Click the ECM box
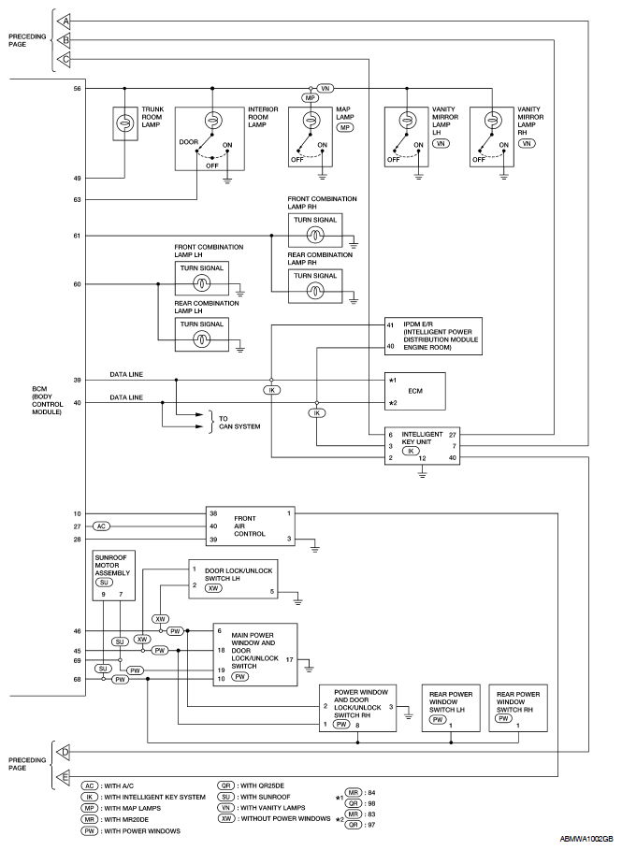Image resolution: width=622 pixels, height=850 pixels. click(415, 391)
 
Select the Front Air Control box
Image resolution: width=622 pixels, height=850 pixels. click(250, 526)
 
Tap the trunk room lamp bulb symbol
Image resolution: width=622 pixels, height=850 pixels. click(124, 123)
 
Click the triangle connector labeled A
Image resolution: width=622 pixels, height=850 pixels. click(64, 22)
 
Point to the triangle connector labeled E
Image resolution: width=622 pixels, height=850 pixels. click(64, 777)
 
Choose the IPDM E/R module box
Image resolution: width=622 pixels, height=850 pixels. click(433, 336)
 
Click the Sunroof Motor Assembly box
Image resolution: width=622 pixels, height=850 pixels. click(113, 575)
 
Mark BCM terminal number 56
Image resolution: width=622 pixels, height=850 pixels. click(77, 88)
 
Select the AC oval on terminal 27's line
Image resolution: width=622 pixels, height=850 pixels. click(102, 526)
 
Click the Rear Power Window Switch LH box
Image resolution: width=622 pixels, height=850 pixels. click(451, 708)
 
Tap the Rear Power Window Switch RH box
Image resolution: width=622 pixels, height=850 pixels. click(518, 708)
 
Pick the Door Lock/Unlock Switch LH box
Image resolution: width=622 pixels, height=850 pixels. click(233, 579)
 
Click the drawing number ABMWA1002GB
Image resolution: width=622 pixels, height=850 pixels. click(587, 839)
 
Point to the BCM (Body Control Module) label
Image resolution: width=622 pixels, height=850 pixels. click(47, 400)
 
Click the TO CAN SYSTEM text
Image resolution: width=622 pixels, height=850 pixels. click(239, 423)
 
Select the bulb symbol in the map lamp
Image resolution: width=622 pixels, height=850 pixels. click(311, 120)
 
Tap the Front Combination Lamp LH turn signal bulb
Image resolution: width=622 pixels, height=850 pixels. click(202, 283)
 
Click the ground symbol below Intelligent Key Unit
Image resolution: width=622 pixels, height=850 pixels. click(422, 474)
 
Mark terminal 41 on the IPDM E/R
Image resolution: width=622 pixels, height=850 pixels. click(390, 325)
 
